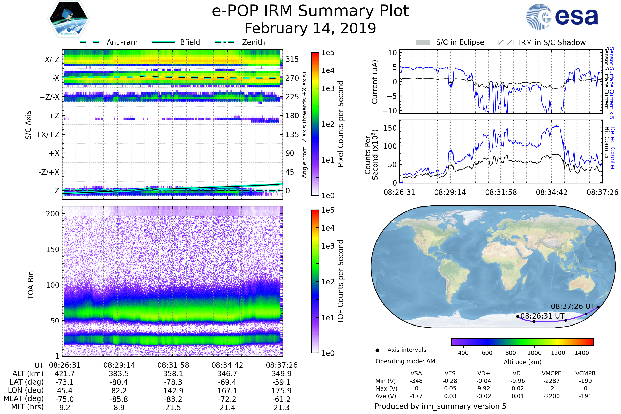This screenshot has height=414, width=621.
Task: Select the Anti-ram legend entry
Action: (x=122, y=42)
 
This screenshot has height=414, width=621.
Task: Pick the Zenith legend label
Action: (x=254, y=42)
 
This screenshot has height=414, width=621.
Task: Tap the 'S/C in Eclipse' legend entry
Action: (x=460, y=42)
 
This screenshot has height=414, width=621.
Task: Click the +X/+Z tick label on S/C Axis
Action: (x=48, y=135)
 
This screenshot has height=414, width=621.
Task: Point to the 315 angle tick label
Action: (x=292, y=59)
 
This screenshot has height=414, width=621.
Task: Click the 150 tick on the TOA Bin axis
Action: (x=53, y=249)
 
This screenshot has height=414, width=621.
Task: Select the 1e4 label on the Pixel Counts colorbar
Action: (x=328, y=70)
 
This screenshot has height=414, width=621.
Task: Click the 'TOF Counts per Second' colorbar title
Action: (x=341, y=282)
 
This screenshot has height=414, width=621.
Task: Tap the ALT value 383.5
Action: (x=119, y=374)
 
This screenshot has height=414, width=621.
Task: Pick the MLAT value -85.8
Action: (x=119, y=399)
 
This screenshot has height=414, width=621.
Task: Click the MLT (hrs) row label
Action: (x=27, y=407)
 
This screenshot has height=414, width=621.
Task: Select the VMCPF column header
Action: (x=551, y=373)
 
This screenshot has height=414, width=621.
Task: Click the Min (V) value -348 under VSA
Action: (x=416, y=381)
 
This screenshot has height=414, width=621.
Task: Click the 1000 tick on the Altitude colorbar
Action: (x=534, y=353)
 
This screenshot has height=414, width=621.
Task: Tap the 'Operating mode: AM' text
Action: (x=405, y=361)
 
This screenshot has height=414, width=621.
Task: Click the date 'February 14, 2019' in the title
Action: (x=310, y=28)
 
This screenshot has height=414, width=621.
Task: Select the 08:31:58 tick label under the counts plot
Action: (x=501, y=192)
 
